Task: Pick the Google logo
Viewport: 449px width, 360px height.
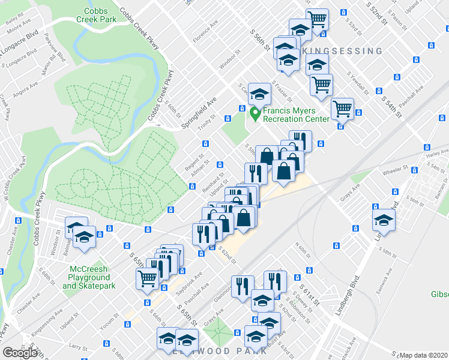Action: click(20, 352)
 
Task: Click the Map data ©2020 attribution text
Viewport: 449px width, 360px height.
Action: click(424, 355)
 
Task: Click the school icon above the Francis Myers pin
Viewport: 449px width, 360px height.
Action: click(259, 94)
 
